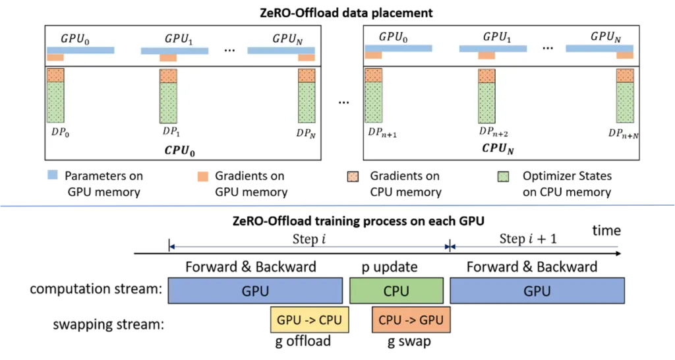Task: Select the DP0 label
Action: [60, 131]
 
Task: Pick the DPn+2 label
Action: [494, 132]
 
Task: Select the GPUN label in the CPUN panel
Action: [606, 36]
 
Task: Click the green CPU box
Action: [396, 291]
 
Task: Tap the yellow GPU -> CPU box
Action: [310, 320]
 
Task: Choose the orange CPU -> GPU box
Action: [411, 320]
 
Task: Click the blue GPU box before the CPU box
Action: [255, 291]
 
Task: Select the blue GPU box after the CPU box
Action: [537, 291]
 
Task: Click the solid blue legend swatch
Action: [50, 177]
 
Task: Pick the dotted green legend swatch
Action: [504, 177]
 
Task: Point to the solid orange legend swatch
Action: [203, 177]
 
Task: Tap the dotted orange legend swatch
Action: [353, 177]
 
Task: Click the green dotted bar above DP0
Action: [55, 102]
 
